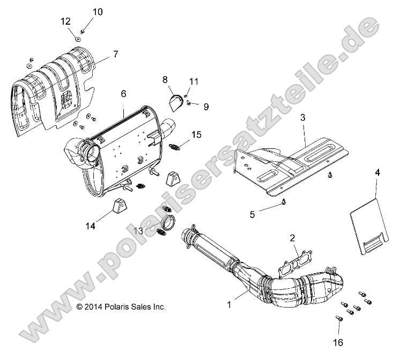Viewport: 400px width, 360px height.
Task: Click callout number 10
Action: pyautogui.click(x=97, y=11)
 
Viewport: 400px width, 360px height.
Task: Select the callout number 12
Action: pyautogui.click(x=65, y=21)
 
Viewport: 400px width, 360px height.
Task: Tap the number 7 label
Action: pyautogui.click(x=115, y=54)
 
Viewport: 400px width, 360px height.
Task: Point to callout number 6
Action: pyautogui.click(x=123, y=93)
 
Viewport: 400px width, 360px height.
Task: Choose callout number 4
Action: pyautogui.click(x=377, y=172)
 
